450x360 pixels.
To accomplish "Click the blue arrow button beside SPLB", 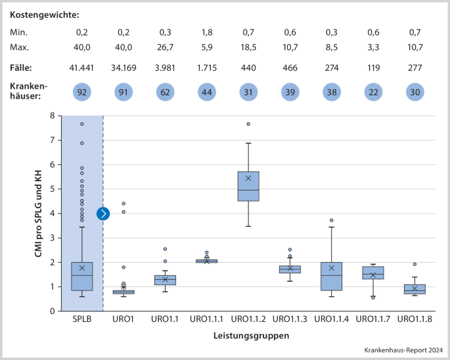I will coord(103,214).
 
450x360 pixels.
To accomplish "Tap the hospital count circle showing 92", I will coord(82,93).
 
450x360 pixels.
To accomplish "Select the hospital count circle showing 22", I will coord(373,93).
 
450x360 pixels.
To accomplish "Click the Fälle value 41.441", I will coord(82,68).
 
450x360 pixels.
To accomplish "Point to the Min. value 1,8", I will coord(207,32).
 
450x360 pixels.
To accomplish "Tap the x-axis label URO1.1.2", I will coord(248,319).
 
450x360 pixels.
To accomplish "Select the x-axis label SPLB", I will coord(82,319).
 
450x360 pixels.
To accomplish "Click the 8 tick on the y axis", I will coord(52,116).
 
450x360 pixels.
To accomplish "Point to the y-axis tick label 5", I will coord(52,189).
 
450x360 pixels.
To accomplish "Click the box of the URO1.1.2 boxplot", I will coord(248,186).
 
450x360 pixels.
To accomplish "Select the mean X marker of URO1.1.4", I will coord(332,268).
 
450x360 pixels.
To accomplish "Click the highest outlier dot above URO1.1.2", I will coord(248,124).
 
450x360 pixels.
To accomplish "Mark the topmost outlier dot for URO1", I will coord(124,204).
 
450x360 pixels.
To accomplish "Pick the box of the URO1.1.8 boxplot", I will coord(415,289).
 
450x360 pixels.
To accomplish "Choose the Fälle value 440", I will coord(248,68).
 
